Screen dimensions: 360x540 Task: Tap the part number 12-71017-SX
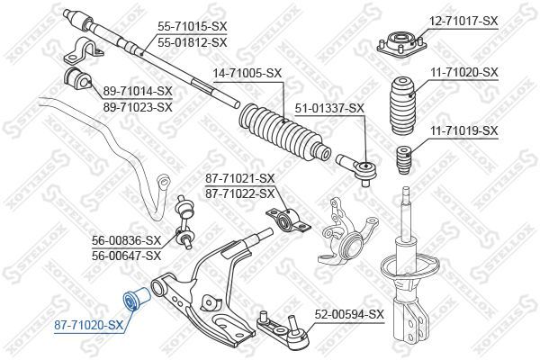click(463, 20)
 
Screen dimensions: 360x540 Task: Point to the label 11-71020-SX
click(463, 71)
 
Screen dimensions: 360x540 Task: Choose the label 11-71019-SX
click(463, 130)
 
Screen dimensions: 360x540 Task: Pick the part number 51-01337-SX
click(330, 108)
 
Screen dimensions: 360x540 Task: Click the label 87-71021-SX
click(240, 180)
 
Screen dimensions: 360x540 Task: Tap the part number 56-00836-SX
click(127, 240)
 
